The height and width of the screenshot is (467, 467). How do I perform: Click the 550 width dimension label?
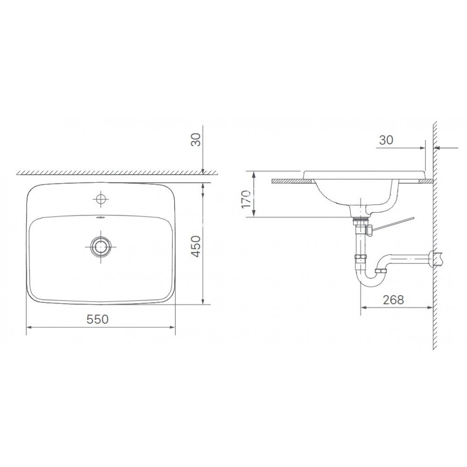point(98,319)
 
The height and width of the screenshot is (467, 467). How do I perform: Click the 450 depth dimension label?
point(197,246)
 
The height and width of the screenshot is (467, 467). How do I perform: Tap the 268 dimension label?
point(393,299)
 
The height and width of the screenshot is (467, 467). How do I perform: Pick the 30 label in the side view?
point(385,140)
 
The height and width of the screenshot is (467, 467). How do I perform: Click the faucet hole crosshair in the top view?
point(100,199)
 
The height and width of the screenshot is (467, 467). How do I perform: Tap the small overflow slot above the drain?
point(100,217)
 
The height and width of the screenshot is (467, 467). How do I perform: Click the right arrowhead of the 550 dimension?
point(173,328)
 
